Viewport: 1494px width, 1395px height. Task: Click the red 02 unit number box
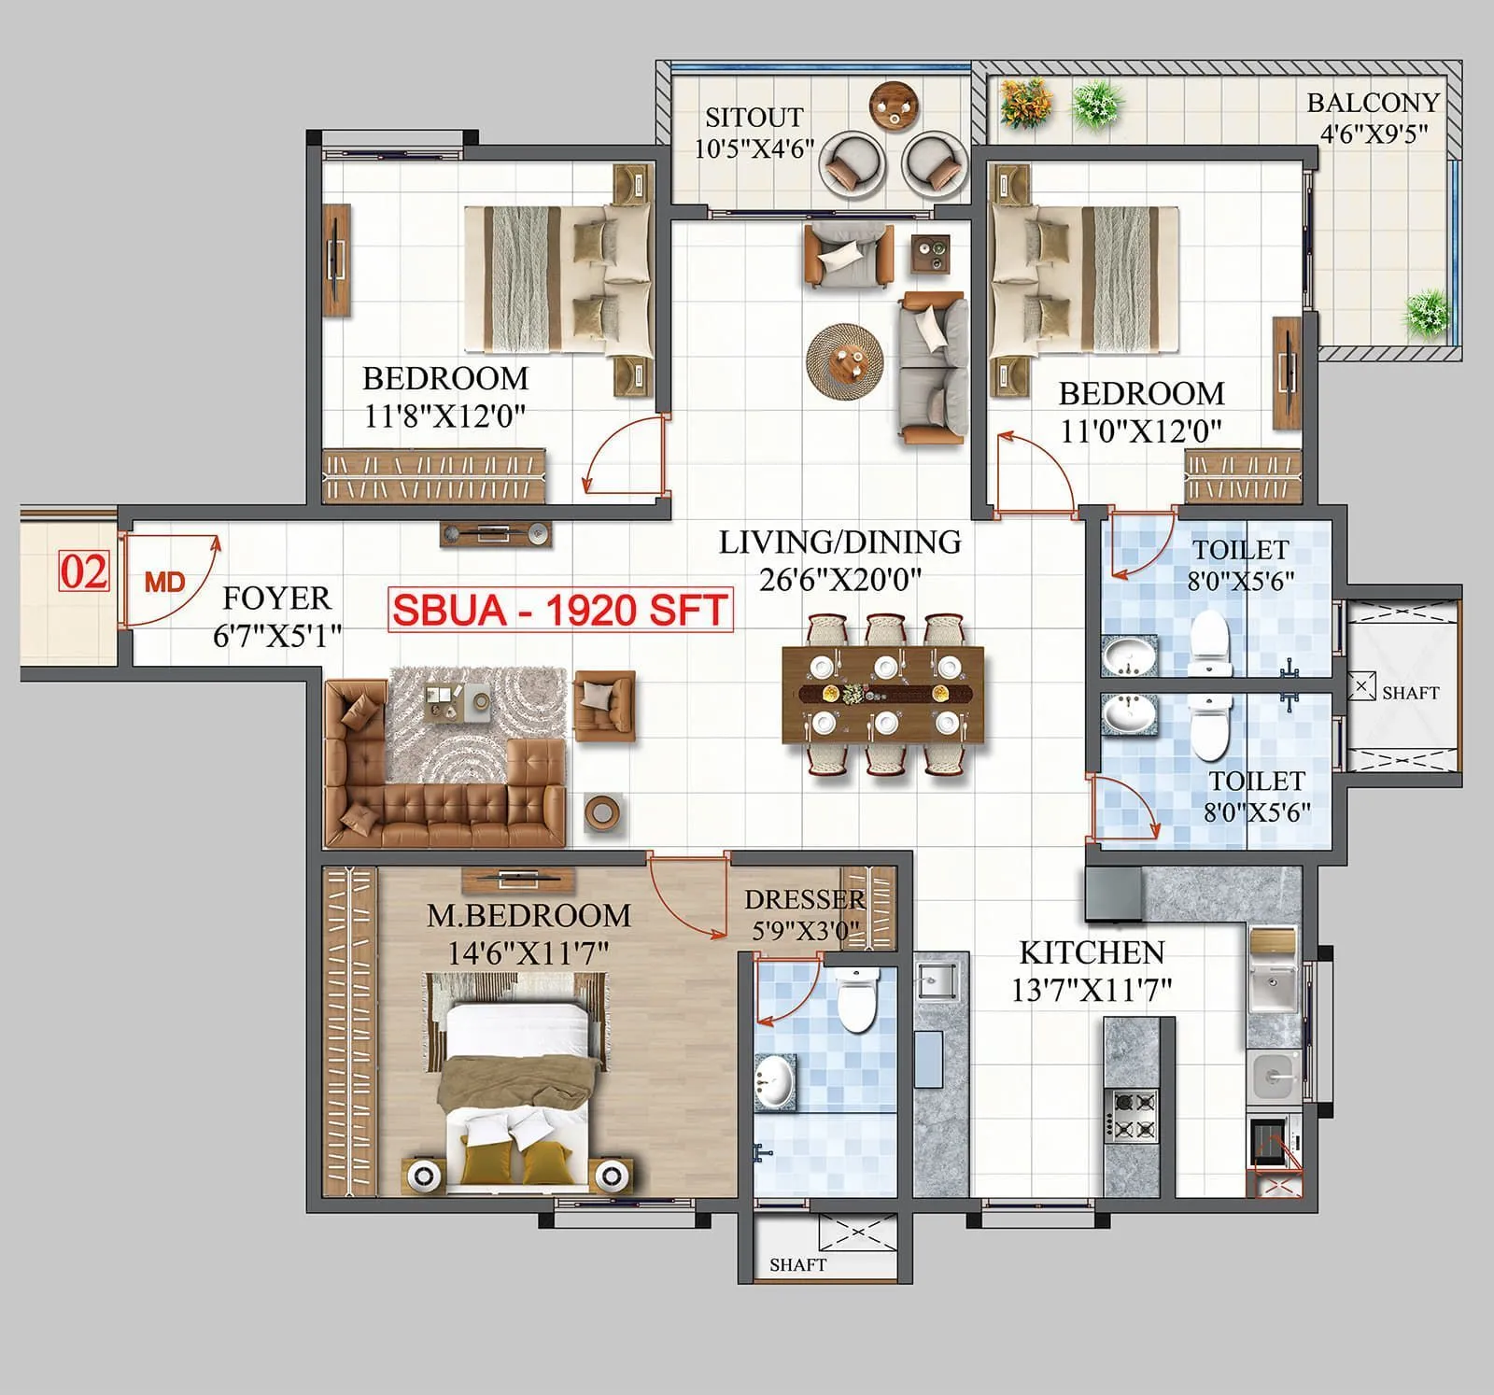pos(84,571)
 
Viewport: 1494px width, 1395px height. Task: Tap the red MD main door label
pos(165,582)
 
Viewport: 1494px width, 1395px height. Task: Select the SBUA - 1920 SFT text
pos(559,610)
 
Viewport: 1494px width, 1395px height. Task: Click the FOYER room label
pos(276,598)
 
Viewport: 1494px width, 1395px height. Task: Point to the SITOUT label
pos(754,118)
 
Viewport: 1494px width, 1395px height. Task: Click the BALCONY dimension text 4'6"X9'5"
pos(1374,134)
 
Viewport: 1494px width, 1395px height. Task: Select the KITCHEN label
pos(1092,952)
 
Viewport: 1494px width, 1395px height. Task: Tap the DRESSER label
pos(804,899)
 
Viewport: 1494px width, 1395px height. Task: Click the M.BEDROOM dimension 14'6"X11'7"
pos(529,953)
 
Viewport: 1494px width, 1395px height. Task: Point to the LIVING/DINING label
pos(839,542)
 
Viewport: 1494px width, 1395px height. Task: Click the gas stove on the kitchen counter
pos(1131,1116)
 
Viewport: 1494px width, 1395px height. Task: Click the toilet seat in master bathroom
pos(858,999)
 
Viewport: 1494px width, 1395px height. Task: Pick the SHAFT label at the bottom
pos(797,1264)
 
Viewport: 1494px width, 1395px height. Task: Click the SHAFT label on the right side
pos(1410,693)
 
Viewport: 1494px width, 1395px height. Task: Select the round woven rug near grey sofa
pos(845,360)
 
